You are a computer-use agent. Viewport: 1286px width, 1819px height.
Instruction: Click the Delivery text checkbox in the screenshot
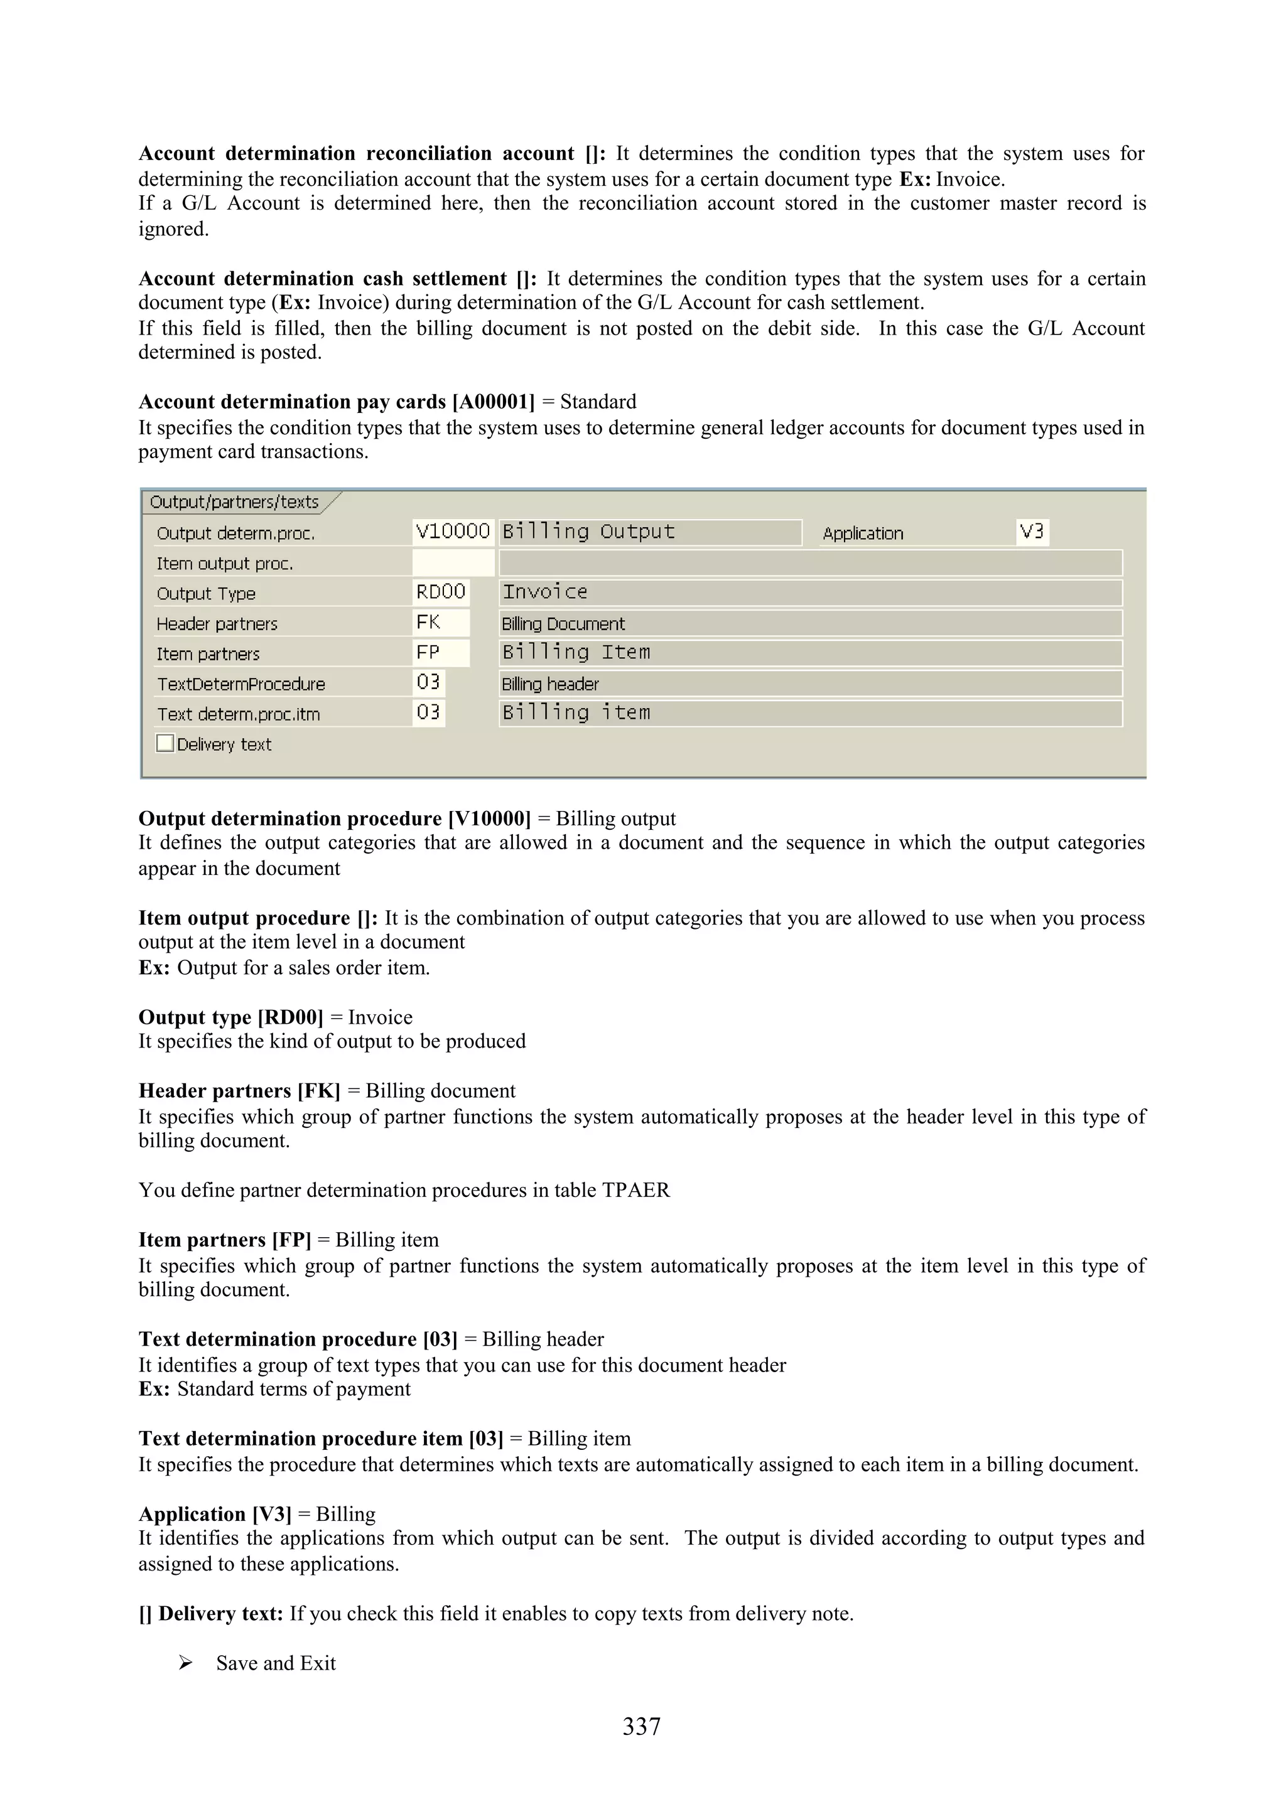point(165,743)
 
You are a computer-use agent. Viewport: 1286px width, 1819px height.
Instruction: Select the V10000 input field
point(453,532)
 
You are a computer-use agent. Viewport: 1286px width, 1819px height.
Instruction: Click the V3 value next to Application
point(1032,532)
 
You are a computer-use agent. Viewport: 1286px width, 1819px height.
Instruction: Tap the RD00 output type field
point(441,592)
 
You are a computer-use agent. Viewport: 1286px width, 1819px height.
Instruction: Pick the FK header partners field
point(441,623)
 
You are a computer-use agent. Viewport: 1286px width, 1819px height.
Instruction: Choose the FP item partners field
point(441,653)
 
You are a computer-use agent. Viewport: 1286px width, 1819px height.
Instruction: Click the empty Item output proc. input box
point(453,563)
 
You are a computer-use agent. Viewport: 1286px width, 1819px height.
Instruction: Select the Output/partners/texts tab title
point(235,502)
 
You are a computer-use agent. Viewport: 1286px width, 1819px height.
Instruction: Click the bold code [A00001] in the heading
point(494,402)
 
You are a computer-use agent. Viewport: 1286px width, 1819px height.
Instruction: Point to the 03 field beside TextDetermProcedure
point(429,683)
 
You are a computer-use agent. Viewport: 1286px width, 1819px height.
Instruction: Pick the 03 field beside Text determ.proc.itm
point(429,713)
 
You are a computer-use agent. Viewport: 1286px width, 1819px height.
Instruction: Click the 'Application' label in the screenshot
point(863,533)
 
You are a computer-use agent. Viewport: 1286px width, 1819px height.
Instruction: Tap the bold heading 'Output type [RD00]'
point(230,1017)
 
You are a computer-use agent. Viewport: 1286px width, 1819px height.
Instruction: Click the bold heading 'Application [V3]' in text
point(215,1514)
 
